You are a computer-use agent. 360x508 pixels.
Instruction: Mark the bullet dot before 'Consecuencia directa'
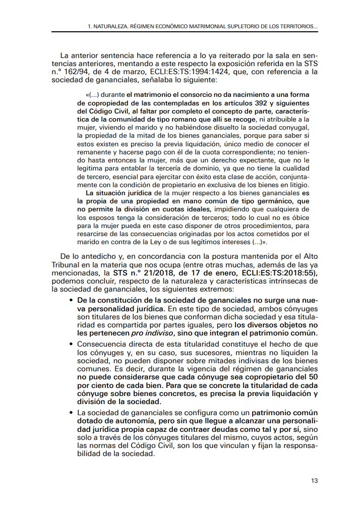pyautogui.click(x=71, y=343)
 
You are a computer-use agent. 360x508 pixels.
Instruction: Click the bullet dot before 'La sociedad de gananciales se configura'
pyautogui.click(x=71, y=414)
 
